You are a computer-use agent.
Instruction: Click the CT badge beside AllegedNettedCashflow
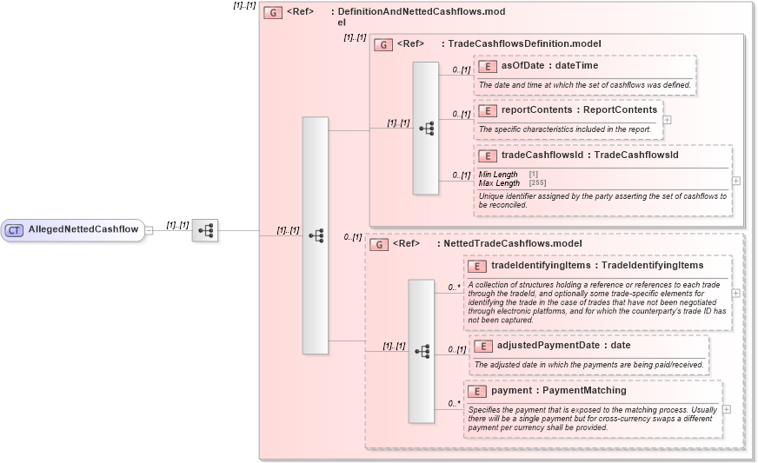click(x=14, y=230)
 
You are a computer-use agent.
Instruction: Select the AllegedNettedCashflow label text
click(x=83, y=230)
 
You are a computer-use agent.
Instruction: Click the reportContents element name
click(x=534, y=110)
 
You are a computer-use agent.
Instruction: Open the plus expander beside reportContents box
click(x=667, y=120)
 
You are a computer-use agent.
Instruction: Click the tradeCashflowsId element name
click(x=542, y=155)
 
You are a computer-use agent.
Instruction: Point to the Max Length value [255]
click(x=537, y=183)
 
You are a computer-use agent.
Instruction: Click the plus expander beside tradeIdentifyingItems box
click(x=736, y=293)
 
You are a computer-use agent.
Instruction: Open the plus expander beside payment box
click(x=727, y=409)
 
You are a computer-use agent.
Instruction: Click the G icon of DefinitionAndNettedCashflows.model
click(x=273, y=13)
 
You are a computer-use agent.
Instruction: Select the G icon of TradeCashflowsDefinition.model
click(x=382, y=44)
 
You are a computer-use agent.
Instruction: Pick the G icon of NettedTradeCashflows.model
click(x=379, y=245)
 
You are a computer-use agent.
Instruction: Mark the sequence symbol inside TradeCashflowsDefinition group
click(x=425, y=128)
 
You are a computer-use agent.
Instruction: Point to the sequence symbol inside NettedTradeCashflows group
click(x=422, y=351)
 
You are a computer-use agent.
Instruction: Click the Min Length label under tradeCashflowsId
click(x=498, y=175)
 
